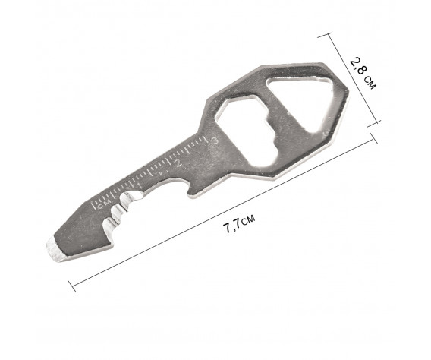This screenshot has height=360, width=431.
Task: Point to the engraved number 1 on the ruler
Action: pyautogui.click(x=139, y=186)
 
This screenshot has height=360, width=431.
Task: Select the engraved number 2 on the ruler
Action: pyautogui.click(x=178, y=163)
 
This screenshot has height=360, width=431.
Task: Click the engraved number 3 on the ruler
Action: pyautogui.click(x=214, y=141)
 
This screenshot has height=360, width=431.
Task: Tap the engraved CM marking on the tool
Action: pyautogui.click(x=104, y=204)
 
